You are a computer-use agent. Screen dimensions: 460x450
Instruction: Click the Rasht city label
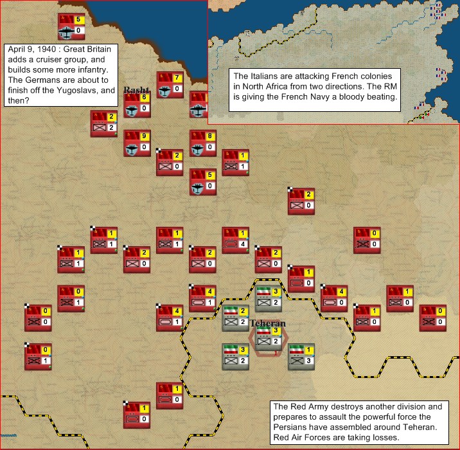pos(136,90)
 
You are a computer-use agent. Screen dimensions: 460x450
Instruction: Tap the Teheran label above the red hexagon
pos(268,323)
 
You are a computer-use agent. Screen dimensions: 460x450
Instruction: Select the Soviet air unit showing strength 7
pos(170,84)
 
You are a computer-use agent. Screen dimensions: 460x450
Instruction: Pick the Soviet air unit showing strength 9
pos(137,143)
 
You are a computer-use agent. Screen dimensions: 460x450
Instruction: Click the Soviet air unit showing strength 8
pos(202,143)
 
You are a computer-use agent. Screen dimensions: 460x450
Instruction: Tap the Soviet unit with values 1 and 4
pos(235,240)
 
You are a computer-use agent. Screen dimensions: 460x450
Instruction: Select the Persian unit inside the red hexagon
pos(268,338)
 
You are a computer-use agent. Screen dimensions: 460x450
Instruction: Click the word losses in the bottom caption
pos(385,438)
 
